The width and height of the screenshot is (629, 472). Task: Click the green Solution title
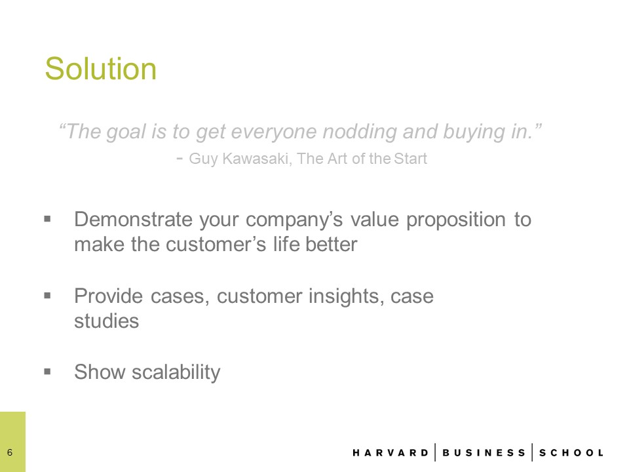pos(101,69)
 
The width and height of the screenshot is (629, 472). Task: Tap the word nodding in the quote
pos(360,132)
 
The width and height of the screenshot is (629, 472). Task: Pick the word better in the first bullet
pos(331,245)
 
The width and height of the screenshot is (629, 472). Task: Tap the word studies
pos(107,321)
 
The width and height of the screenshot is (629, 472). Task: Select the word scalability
pos(176,373)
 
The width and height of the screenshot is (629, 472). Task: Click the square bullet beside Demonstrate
pos(48,219)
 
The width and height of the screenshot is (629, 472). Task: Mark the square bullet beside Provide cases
pos(48,296)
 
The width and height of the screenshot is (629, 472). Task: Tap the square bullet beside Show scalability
pos(48,372)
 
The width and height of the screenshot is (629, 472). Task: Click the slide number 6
pos(10,453)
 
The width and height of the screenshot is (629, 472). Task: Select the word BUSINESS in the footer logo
pos(484,453)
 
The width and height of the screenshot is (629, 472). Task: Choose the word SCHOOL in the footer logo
pos(571,453)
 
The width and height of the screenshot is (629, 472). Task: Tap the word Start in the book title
pos(410,159)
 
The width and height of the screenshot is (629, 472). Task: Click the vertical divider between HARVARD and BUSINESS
pos(435,452)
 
